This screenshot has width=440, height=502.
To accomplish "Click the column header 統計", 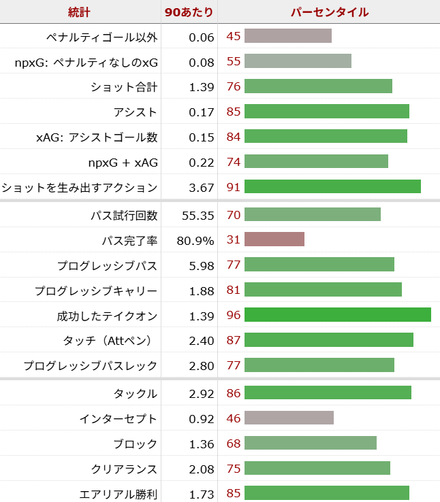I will tap(80, 12).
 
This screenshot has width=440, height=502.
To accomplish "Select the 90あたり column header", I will tap(189, 12).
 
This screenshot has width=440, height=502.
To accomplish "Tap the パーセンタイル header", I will tap(329, 12).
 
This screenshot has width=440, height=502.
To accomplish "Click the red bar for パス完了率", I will tap(274, 239).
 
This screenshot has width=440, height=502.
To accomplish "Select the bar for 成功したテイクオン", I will tap(337, 315).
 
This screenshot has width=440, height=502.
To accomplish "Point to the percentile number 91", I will tap(234, 187).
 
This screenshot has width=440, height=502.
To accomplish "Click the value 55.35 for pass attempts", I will tap(198, 216).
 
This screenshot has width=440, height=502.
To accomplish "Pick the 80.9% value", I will tap(197, 241).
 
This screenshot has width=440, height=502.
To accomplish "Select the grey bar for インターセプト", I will tap(289, 418).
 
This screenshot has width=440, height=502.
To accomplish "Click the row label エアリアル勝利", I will tap(119, 494).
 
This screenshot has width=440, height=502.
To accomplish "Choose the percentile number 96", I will tap(234, 316).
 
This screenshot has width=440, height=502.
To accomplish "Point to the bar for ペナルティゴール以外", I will tap(288, 36).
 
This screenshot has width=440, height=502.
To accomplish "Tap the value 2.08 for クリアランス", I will tap(202, 469).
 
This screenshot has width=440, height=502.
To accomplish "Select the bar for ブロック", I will tap(311, 444).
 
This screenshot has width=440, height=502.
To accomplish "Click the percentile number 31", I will tap(234, 240).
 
